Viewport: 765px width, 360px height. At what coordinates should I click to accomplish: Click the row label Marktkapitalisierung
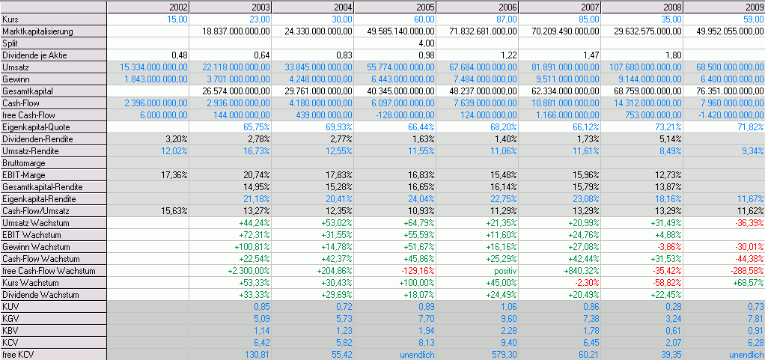(x=38, y=31)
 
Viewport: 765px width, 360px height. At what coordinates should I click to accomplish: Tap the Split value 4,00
(x=425, y=43)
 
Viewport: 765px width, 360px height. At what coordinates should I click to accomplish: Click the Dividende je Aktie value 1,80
(x=671, y=55)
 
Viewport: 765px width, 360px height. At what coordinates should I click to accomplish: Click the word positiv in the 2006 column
(x=504, y=271)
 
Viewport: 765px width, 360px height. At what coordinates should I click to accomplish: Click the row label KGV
(x=11, y=319)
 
